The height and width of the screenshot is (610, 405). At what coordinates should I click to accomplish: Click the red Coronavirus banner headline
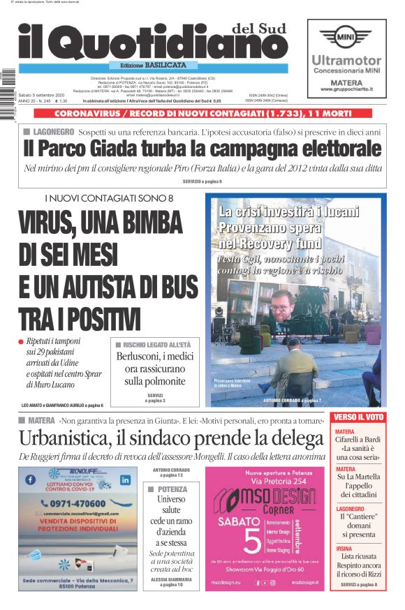202,113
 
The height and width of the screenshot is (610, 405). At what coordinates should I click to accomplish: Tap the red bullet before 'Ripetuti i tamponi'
22,341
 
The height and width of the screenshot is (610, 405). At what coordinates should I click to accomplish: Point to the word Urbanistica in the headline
65,439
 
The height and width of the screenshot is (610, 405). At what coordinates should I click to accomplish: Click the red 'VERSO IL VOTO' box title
358,417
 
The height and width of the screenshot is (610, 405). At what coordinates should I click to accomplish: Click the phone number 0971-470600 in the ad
76,503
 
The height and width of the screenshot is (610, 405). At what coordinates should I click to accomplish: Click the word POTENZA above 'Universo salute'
172,489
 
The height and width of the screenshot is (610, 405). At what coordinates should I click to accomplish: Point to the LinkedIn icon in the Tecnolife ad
126,480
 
